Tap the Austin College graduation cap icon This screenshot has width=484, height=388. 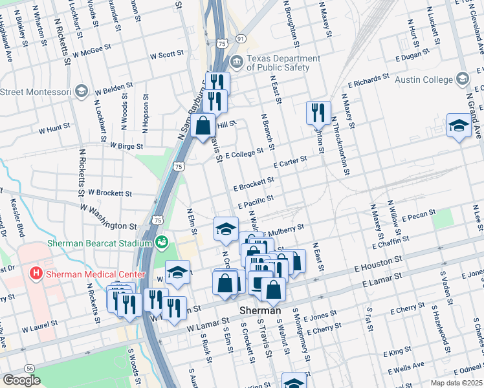(x=463, y=79)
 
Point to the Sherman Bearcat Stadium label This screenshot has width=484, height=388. (x=99, y=243)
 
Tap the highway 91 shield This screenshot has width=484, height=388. (x=240, y=39)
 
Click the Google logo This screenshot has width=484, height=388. (x=21, y=380)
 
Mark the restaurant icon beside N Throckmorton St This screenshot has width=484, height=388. (x=318, y=113)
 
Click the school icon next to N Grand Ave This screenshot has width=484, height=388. (x=459, y=125)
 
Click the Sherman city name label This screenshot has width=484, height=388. (x=260, y=310)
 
